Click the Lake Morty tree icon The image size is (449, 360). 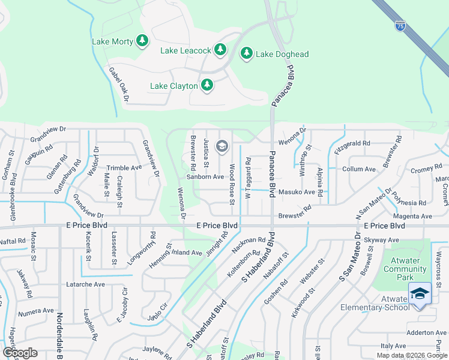[142, 41]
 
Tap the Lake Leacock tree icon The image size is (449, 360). [220, 49]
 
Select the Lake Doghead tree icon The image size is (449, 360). [246, 53]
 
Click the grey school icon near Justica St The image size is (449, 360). [221, 146]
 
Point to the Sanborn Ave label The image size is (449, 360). [205, 177]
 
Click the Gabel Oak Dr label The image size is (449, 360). [119, 85]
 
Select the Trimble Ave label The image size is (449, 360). [124, 169]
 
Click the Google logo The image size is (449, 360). [20, 352]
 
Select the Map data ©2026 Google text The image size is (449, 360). [412, 355]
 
